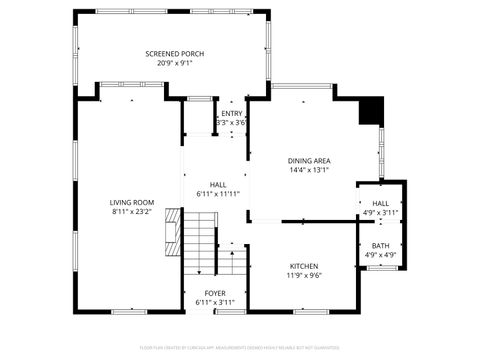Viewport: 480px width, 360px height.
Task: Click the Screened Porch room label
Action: [174, 53]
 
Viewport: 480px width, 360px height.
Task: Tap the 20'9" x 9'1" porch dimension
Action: [174, 63]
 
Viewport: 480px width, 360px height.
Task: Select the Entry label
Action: [232, 113]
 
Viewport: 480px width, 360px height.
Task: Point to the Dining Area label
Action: [309, 160]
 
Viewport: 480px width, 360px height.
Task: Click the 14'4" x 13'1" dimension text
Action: [309, 170]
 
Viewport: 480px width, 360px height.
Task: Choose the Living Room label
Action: [132, 202]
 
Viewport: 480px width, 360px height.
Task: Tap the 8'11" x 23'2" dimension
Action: [132, 212]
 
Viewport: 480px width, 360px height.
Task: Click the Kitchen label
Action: [304, 265]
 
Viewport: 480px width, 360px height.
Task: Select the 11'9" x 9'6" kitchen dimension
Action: [304, 275]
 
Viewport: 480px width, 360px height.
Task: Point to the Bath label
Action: [381, 245]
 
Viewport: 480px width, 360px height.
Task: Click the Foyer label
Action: [215, 293]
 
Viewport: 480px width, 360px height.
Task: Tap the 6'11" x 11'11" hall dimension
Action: [218, 193]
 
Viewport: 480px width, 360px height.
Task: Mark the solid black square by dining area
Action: [371, 109]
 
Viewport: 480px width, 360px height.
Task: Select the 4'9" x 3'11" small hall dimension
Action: [381, 212]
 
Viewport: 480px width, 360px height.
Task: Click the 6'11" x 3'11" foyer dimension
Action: [215, 302]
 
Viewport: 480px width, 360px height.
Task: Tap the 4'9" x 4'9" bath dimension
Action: [381, 255]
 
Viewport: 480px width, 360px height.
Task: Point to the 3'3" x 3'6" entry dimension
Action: [231, 122]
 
